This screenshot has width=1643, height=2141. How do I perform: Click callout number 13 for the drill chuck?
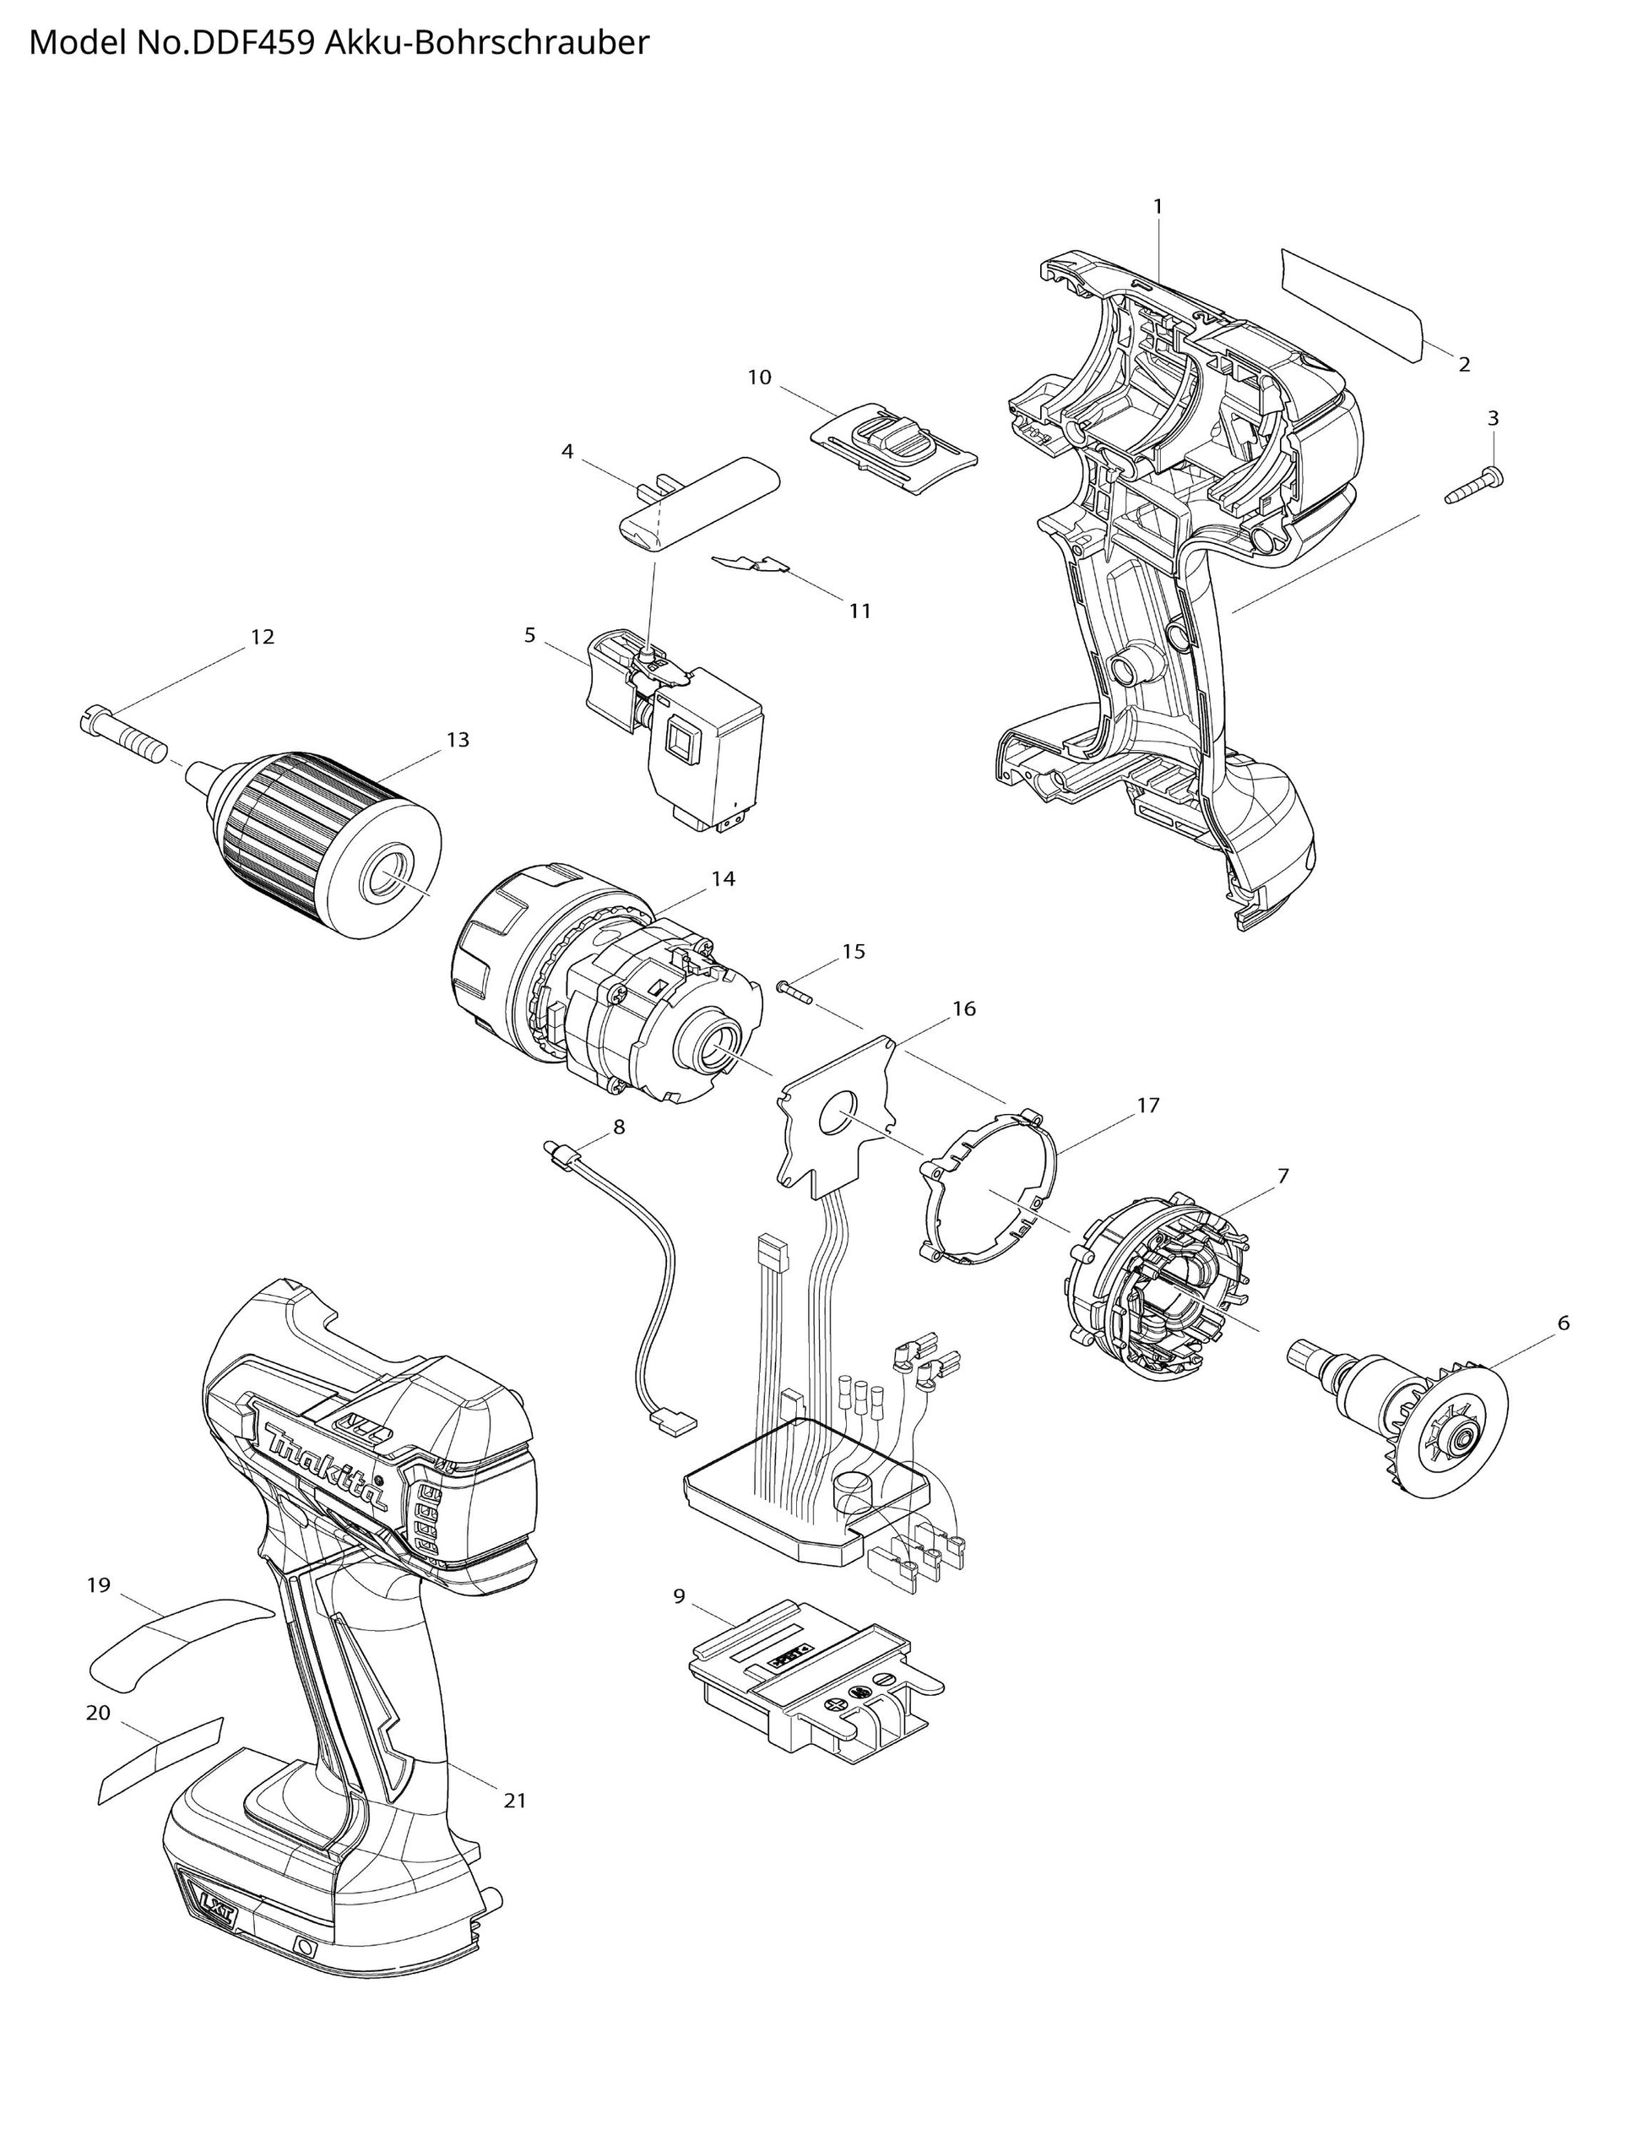458,741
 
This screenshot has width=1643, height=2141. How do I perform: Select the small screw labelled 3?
1475,486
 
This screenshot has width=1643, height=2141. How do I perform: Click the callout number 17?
1147,1106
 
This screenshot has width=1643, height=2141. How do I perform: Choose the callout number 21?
514,1800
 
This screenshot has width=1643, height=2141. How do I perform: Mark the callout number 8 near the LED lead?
618,1127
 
